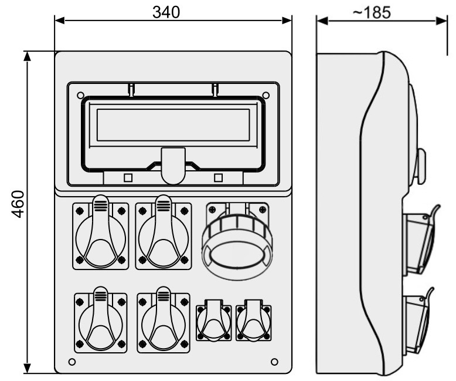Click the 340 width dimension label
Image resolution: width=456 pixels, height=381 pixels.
(166, 12)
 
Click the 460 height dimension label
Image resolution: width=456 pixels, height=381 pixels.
(18, 204)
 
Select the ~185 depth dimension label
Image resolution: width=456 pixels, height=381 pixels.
(372, 12)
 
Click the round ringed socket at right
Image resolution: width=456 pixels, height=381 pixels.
(237, 239)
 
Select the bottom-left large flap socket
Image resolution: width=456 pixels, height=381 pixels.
(101, 320)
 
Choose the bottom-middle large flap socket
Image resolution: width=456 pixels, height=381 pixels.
(164, 320)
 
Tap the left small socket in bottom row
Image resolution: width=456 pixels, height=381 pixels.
(214, 321)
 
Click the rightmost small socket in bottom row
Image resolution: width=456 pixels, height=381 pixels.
(254, 321)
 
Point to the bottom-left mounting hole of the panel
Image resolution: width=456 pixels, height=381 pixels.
(72, 362)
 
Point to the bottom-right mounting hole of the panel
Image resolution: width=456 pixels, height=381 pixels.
(274, 362)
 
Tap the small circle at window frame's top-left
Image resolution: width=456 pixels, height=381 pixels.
(80, 95)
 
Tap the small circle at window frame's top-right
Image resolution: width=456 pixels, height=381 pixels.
(266, 95)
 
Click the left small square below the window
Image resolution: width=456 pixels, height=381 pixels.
(128, 178)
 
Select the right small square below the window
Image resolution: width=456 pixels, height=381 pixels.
(219, 178)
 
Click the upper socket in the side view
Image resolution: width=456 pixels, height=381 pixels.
(421, 240)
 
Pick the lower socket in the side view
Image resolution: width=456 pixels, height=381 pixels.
(418, 321)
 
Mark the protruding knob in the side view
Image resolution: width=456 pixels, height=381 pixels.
(421, 166)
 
